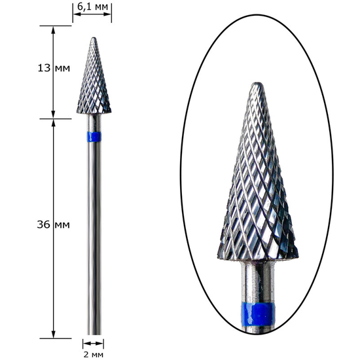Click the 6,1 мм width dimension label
92,7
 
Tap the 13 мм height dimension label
54,68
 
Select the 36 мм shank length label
53,225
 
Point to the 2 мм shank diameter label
93,355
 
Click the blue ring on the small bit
94,137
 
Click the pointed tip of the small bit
94,38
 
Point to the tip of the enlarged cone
257,83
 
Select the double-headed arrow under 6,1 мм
92,14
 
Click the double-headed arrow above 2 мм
93,344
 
